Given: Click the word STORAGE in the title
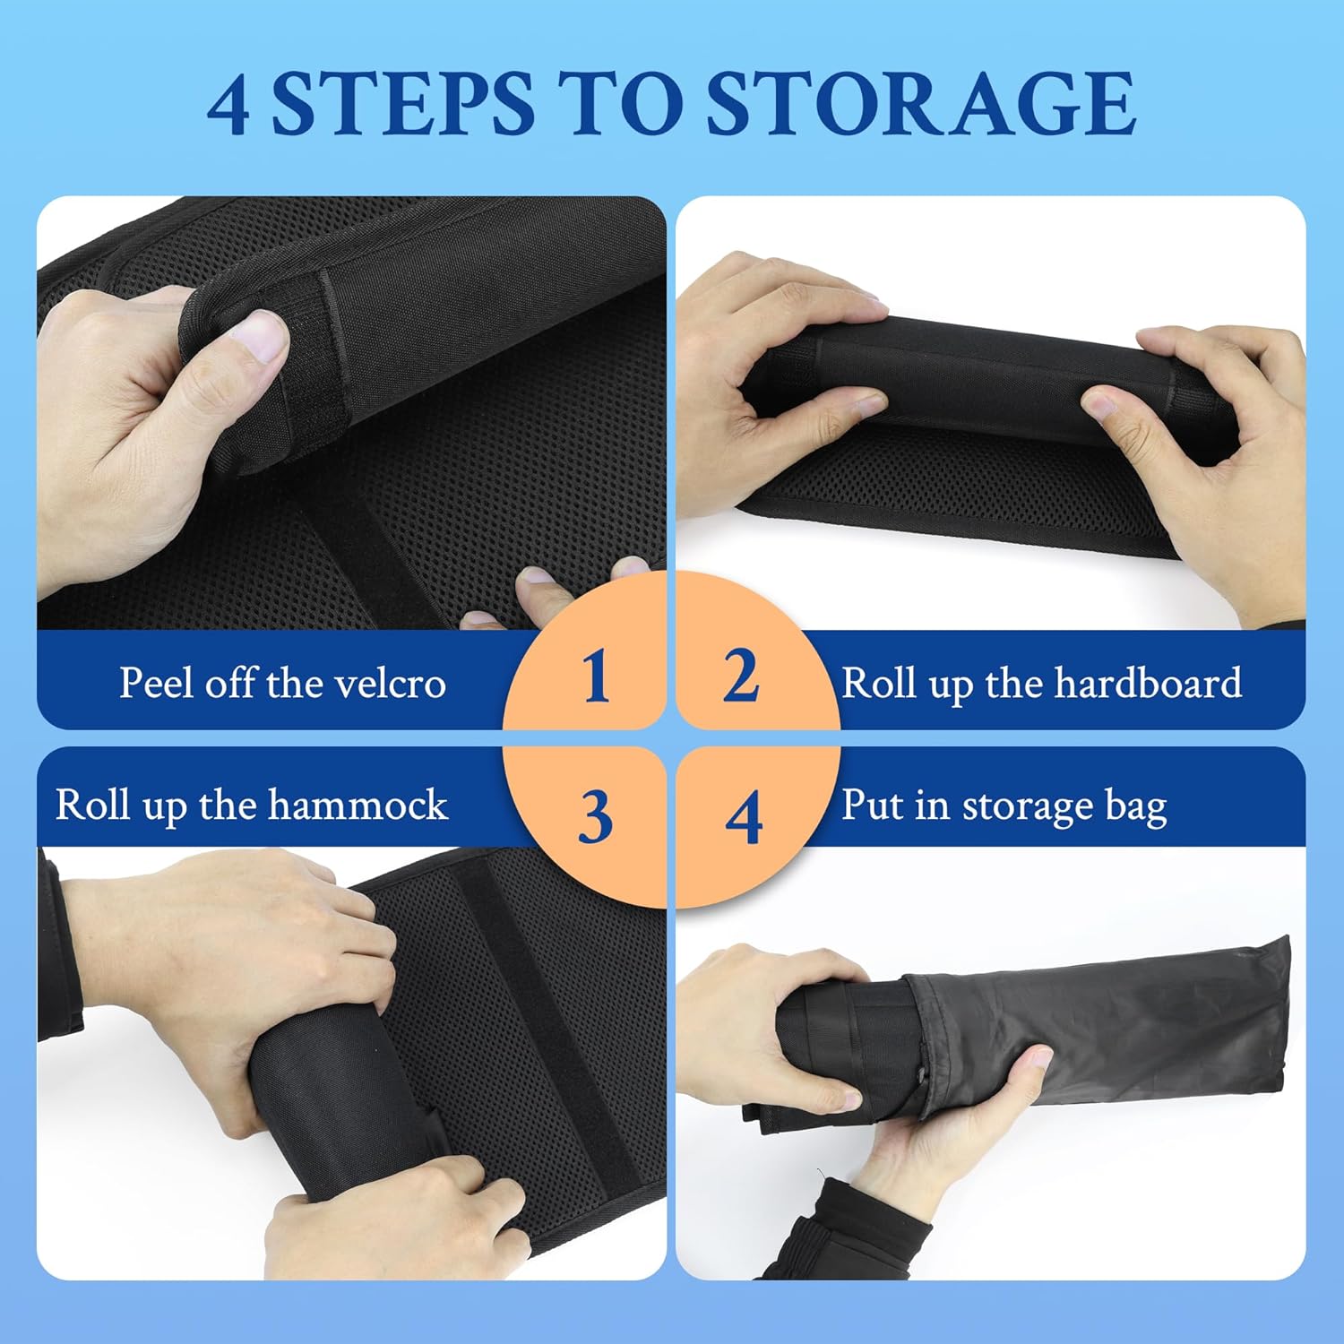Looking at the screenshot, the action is click(x=921, y=103).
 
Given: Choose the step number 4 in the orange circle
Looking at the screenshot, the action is click(x=743, y=817).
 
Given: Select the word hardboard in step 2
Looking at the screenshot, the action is click(x=1148, y=683).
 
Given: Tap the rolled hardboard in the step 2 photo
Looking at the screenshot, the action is click(x=986, y=385).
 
